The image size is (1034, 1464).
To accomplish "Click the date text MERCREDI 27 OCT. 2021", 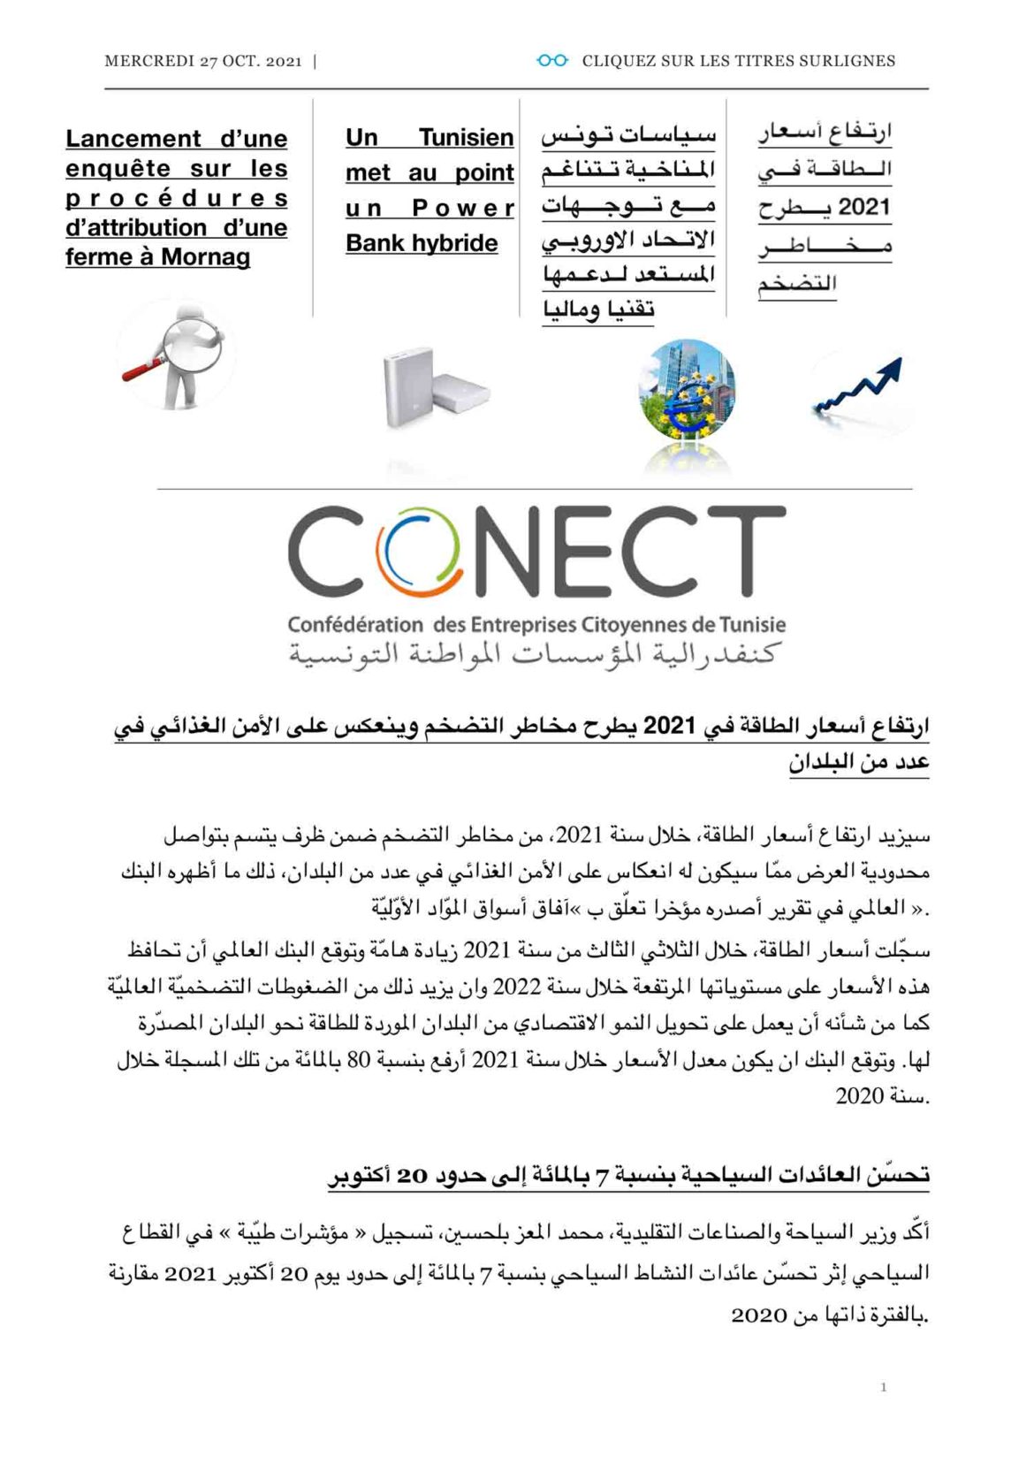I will click(202, 61).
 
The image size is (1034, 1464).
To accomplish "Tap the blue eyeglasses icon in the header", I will click(552, 60).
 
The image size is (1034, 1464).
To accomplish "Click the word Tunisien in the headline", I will click(466, 138).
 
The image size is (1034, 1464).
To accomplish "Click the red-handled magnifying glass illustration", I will click(176, 355).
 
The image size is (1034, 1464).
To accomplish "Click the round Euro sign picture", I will click(686, 389).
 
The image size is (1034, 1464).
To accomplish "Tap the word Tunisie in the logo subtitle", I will click(752, 625).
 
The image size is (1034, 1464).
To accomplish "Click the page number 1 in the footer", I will click(883, 1387).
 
